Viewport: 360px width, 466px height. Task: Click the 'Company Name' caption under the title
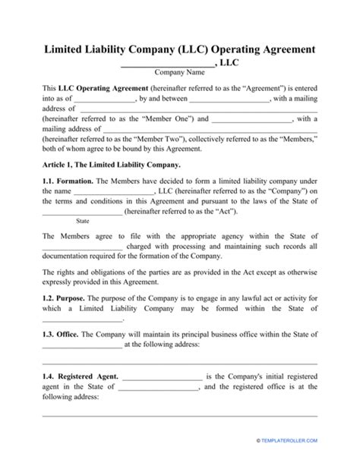coord(180,73)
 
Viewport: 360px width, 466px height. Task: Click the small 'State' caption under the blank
coord(84,222)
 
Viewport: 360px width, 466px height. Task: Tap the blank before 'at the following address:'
coord(81,345)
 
